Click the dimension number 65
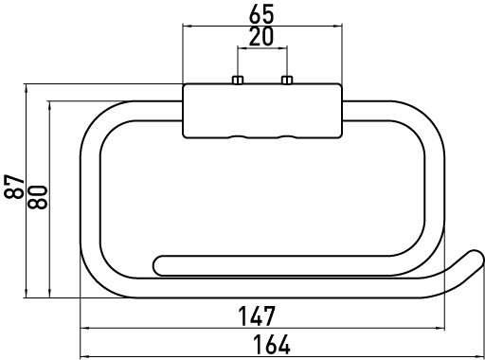click(261, 14)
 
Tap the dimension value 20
click(261, 37)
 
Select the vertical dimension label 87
click(14, 187)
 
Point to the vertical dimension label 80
click(38, 197)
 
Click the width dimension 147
click(257, 315)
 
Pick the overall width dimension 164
click(272, 345)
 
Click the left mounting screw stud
click(238, 80)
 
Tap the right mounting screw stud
click(287, 80)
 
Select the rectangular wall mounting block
click(262, 111)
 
